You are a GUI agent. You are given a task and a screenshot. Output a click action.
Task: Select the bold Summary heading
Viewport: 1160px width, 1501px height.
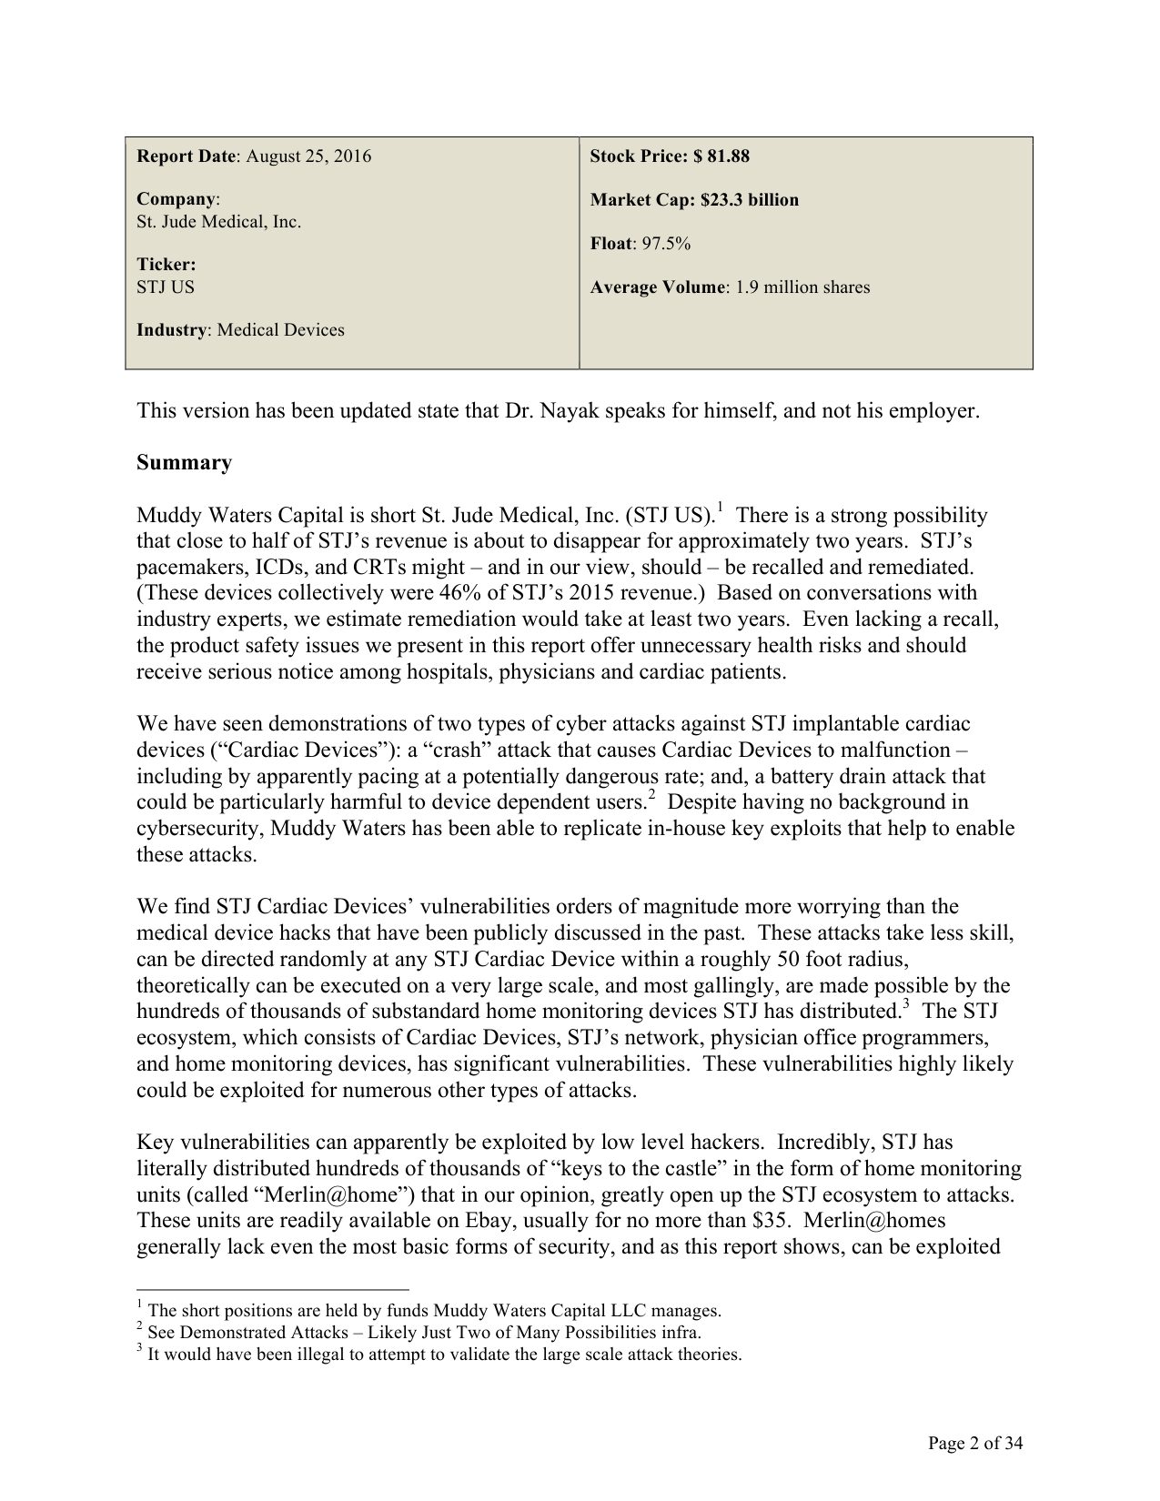(184, 463)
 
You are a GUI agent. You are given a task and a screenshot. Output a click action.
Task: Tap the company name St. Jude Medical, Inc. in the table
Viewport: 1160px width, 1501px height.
(218, 222)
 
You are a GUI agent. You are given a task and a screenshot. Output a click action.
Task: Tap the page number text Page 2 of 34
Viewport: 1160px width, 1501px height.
(975, 1443)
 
